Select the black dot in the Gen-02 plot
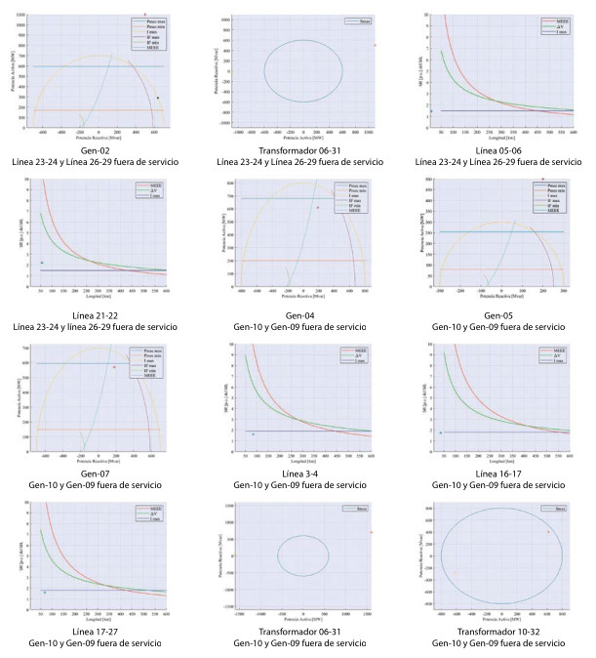coord(158,98)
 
